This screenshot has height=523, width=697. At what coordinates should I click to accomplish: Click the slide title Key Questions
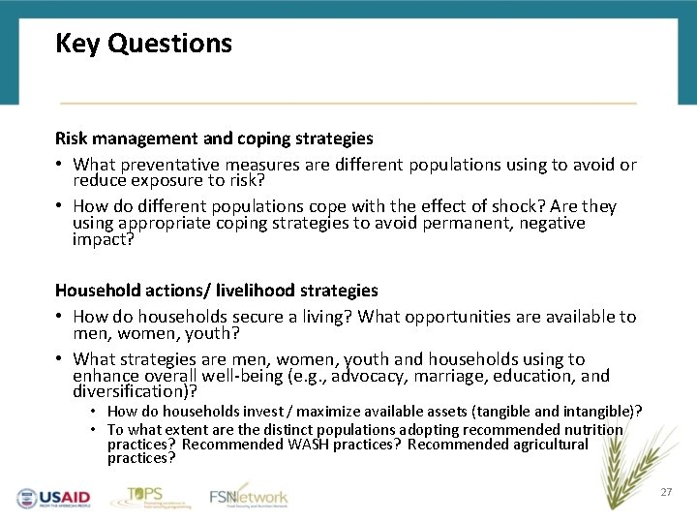(143, 44)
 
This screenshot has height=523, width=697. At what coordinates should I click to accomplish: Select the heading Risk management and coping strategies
(214, 138)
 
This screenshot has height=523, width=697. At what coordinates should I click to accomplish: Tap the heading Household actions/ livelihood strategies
(216, 291)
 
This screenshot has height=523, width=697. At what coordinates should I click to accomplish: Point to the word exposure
(166, 181)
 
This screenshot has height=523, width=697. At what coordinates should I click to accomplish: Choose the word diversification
(131, 392)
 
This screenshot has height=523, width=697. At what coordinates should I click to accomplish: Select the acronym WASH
(313, 445)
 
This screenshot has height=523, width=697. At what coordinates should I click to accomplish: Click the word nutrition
(593, 429)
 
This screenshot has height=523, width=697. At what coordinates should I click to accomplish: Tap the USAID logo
(53, 497)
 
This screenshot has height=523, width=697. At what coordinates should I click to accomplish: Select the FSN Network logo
(249, 496)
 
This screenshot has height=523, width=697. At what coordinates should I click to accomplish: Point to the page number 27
(666, 493)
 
